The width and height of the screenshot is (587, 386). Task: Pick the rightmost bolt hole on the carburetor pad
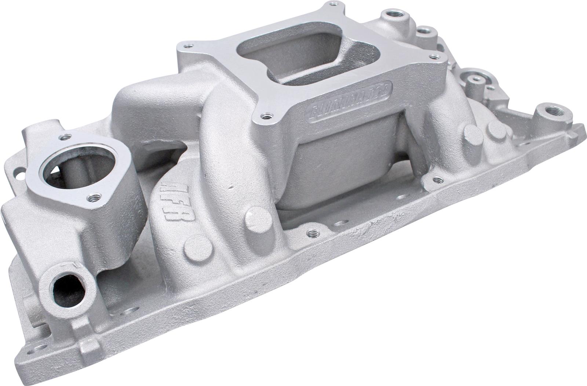pos(435,57)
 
